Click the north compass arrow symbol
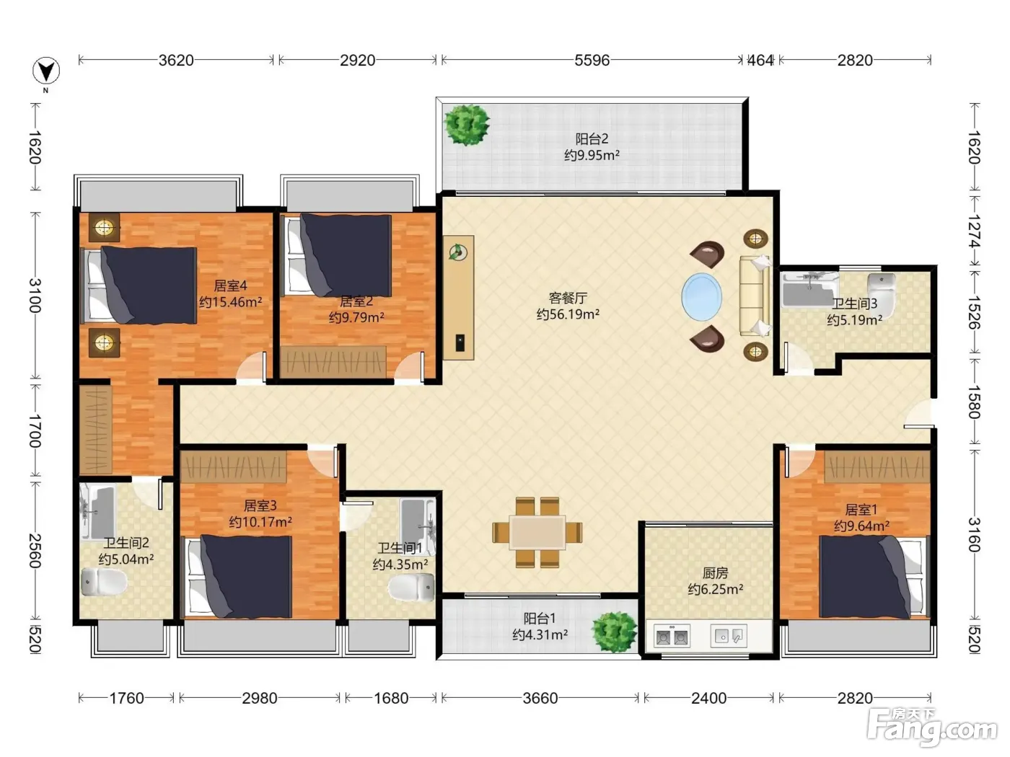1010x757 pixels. click(46, 71)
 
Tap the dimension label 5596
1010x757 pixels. click(592, 61)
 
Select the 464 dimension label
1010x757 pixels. click(760, 61)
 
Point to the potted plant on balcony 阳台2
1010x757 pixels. click(467, 124)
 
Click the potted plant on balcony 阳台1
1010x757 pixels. click(614, 632)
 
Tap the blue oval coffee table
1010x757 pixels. click(701, 297)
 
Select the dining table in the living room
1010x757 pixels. click(537, 532)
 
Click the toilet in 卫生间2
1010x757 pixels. click(104, 583)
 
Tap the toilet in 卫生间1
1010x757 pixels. click(411, 588)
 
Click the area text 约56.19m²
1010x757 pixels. click(568, 314)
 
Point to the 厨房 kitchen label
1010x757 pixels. click(716, 573)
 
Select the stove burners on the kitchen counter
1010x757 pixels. click(672, 637)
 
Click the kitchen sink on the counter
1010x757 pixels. click(729, 636)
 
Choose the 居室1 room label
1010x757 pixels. click(861, 510)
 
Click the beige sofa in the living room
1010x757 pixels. click(755, 296)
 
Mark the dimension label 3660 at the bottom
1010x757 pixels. click(540, 699)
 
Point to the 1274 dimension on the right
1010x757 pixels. click(973, 231)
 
